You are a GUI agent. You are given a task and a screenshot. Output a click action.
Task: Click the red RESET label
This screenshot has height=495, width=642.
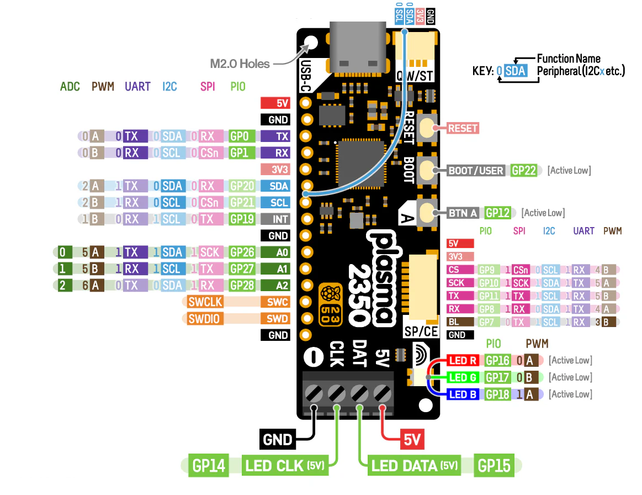click(x=463, y=128)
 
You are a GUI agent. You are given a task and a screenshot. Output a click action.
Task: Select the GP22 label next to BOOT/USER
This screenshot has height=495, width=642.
click(x=524, y=170)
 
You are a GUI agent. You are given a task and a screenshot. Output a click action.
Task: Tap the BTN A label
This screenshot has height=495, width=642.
click(x=463, y=213)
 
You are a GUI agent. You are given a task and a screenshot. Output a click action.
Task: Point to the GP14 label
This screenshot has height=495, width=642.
click(x=209, y=466)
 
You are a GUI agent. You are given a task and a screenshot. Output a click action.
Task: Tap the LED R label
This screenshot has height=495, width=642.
click(x=463, y=361)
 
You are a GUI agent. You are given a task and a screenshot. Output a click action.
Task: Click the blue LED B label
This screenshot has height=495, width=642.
click(x=463, y=394)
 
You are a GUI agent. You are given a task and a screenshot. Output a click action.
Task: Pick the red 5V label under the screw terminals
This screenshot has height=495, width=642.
click(x=412, y=440)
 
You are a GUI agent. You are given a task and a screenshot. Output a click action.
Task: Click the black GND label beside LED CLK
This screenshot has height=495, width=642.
click(x=277, y=440)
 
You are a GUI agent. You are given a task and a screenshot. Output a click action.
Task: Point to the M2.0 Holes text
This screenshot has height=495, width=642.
click(x=240, y=64)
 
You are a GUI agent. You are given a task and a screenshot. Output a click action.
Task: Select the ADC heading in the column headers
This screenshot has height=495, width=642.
click(x=70, y=87)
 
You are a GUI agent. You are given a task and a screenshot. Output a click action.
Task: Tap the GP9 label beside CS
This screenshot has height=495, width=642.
click(x=487, y=270)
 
